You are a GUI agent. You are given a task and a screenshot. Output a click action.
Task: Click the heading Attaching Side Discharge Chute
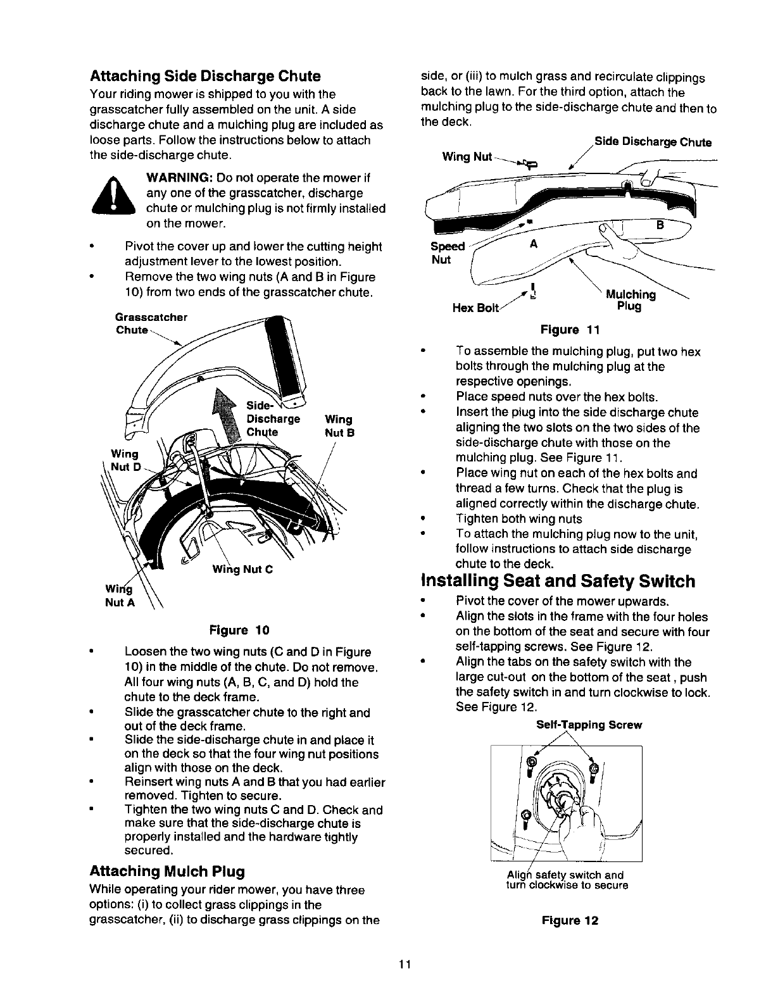coord(205,77)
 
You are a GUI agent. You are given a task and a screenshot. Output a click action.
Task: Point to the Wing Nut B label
coord(339,426)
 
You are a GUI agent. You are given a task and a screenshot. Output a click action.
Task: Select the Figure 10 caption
coord(239,630)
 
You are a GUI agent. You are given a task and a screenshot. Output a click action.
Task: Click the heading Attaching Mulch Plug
coord(167,871)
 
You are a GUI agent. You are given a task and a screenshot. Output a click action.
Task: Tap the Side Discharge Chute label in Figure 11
coord(653,142)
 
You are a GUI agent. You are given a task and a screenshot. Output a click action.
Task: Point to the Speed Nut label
coord(446,253)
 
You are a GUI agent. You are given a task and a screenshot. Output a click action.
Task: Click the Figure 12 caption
coord(570,920)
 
